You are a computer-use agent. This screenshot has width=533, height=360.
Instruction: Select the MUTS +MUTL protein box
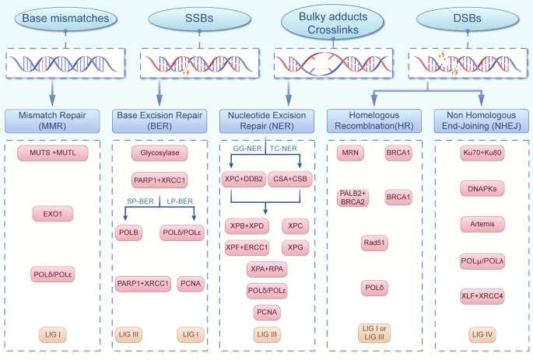(52, 152)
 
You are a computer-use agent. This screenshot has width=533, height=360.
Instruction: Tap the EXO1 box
(52, 212)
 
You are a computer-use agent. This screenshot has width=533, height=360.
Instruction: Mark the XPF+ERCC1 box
(248, 248)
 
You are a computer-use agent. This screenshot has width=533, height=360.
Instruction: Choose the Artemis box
(481, 224)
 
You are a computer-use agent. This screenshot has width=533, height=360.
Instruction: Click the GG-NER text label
(247, 147)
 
